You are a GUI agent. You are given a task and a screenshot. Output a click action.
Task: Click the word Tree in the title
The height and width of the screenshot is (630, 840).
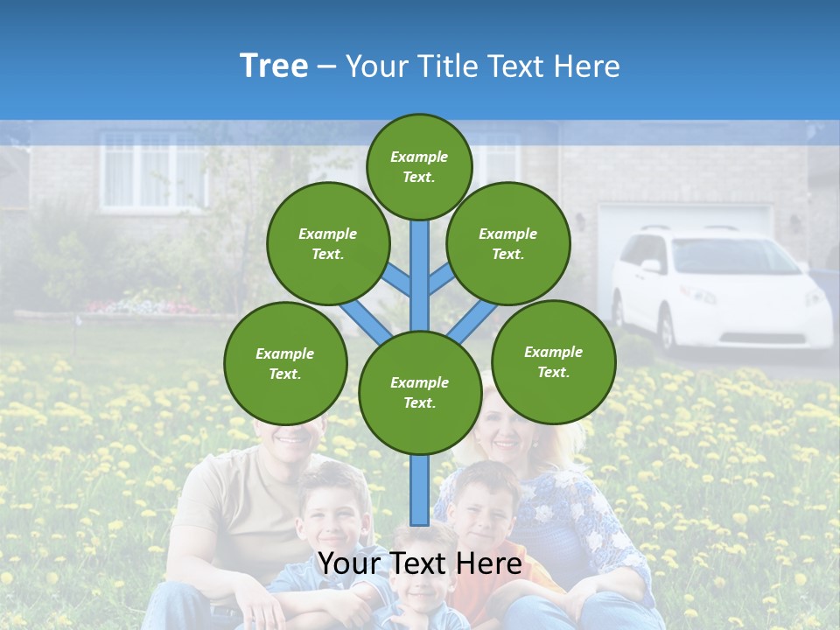[x=274, y=66]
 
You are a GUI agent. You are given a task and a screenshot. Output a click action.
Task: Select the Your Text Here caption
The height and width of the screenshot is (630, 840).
[x=420, y=563]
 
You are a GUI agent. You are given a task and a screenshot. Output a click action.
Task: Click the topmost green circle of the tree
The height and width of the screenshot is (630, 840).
[x=419, y=166]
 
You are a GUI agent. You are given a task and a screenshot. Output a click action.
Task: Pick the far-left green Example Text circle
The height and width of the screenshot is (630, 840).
[x=285, y=363]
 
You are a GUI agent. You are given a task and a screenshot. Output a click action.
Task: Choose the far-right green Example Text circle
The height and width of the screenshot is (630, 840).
[x=553, y=361]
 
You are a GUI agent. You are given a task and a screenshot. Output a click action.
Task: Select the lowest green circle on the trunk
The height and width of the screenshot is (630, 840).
[x=420, y=393]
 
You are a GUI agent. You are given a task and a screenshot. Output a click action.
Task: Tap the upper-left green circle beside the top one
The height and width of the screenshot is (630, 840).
[x=327, y=243]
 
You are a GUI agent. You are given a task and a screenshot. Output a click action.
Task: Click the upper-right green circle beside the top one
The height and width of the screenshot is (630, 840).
[x=507, y=243]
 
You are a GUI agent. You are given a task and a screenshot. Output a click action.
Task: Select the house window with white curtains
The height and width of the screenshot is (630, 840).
[x=154, y=171]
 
